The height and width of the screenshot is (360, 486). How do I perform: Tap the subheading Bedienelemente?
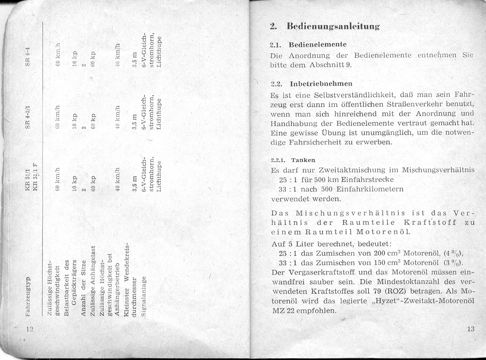(x=318, y=44)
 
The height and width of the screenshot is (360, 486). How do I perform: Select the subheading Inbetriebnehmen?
(x=321, y=83)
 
